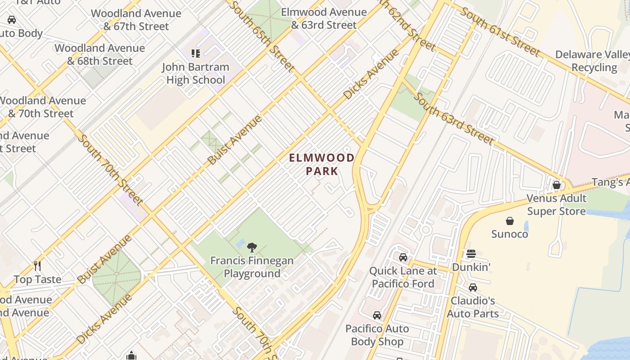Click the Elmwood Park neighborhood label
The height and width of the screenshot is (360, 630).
point(321,164)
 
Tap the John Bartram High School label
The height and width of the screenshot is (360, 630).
point(195,73)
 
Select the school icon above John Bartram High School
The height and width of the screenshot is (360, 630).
point(195,54)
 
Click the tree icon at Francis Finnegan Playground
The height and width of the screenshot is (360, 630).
point(252,247)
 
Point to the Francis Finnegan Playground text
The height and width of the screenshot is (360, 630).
point(252,267)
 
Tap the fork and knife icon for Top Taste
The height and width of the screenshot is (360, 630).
point(37,266)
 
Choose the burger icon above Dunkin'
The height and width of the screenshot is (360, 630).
point(471,254)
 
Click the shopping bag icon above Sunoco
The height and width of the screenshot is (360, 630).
point(509,221)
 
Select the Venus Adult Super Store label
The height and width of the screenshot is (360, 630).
point(556,205)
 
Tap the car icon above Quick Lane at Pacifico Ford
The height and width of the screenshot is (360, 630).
point(403,257)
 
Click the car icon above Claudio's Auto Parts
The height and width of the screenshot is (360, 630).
point(472,288)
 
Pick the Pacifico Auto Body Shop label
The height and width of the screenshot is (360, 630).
point(377,335)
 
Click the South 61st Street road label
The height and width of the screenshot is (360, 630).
point(499,32)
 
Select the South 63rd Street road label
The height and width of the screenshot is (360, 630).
point(454,118)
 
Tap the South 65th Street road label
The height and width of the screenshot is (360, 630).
point(262,36)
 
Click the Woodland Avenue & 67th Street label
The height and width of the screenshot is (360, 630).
point(136,20)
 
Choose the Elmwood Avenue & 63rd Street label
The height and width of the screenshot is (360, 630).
point(324,18)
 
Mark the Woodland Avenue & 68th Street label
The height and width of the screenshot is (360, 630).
point(99,54)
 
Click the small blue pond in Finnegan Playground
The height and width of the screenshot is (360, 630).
point(240,243)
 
